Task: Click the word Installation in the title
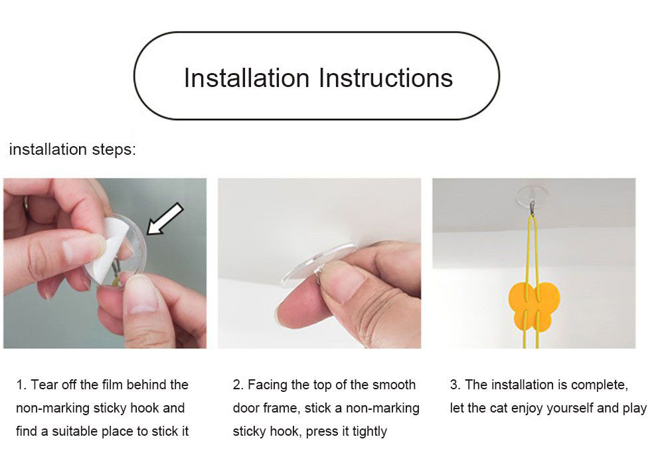(x=247, y=78)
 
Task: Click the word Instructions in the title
(x=386, y=78)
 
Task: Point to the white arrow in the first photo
(x=165, y=219)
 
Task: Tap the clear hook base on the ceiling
(x=532, y=193)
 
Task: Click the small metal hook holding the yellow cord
(x=533, y=207)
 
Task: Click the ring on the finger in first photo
(x=27, y=207)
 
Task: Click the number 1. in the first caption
(x=21, y=385)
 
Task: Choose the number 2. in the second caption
(x=238, y=385)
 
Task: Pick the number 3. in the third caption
(x=456, y=385)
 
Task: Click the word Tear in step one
(x=44, y=385)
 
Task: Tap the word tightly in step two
(x=370, y=432)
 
